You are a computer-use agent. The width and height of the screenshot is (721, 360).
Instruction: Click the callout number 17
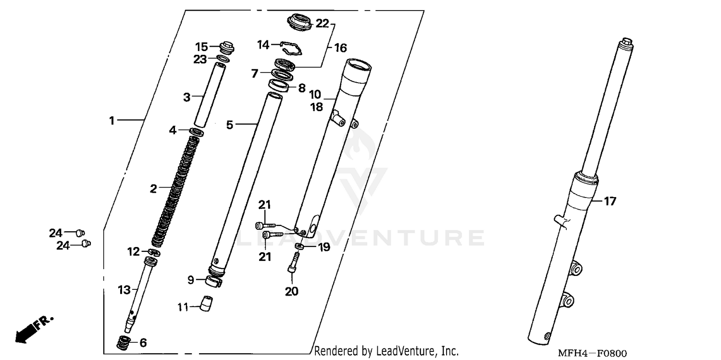pos(609,201)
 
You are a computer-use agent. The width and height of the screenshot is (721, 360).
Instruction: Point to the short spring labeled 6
pos(124,343)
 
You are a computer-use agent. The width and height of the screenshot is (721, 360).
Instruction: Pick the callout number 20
pos(292,291)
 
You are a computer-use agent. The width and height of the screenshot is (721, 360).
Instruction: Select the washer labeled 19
pos(299,247)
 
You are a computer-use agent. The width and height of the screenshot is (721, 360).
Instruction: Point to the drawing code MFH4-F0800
pos(593,353)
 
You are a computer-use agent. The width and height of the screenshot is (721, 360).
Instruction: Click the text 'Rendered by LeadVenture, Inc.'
pos(386,351)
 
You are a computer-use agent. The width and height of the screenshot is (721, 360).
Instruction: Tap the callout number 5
pos(230,125)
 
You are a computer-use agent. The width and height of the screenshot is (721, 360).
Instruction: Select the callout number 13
pos(124,289)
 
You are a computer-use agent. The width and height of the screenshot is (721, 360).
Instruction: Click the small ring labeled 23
pos(222,59)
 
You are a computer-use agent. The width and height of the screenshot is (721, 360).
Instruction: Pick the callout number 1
pos(112,121)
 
